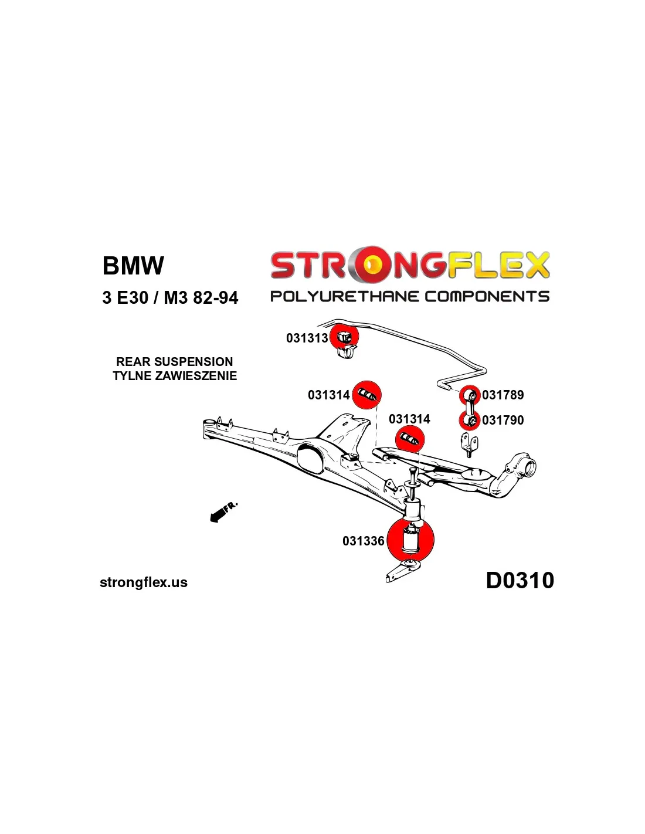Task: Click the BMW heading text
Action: (133, 266)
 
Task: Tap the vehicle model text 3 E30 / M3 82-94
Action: (170, 298)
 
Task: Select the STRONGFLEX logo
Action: (410, 266)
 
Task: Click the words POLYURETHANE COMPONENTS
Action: (410, 296)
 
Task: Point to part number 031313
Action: (307, 338)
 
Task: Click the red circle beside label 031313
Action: (344, 337)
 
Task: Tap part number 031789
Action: (503, 395)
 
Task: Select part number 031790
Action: (503, 421)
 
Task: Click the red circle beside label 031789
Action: (470, 395)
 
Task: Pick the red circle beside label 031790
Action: (469, 421)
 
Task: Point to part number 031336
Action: (363, 541)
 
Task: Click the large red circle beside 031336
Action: (410, 540)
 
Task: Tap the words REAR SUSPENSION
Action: (175, 362)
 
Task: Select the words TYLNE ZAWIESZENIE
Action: (175, 376)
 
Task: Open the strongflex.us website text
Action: (144, 582)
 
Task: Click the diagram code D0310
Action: (520, 581)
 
